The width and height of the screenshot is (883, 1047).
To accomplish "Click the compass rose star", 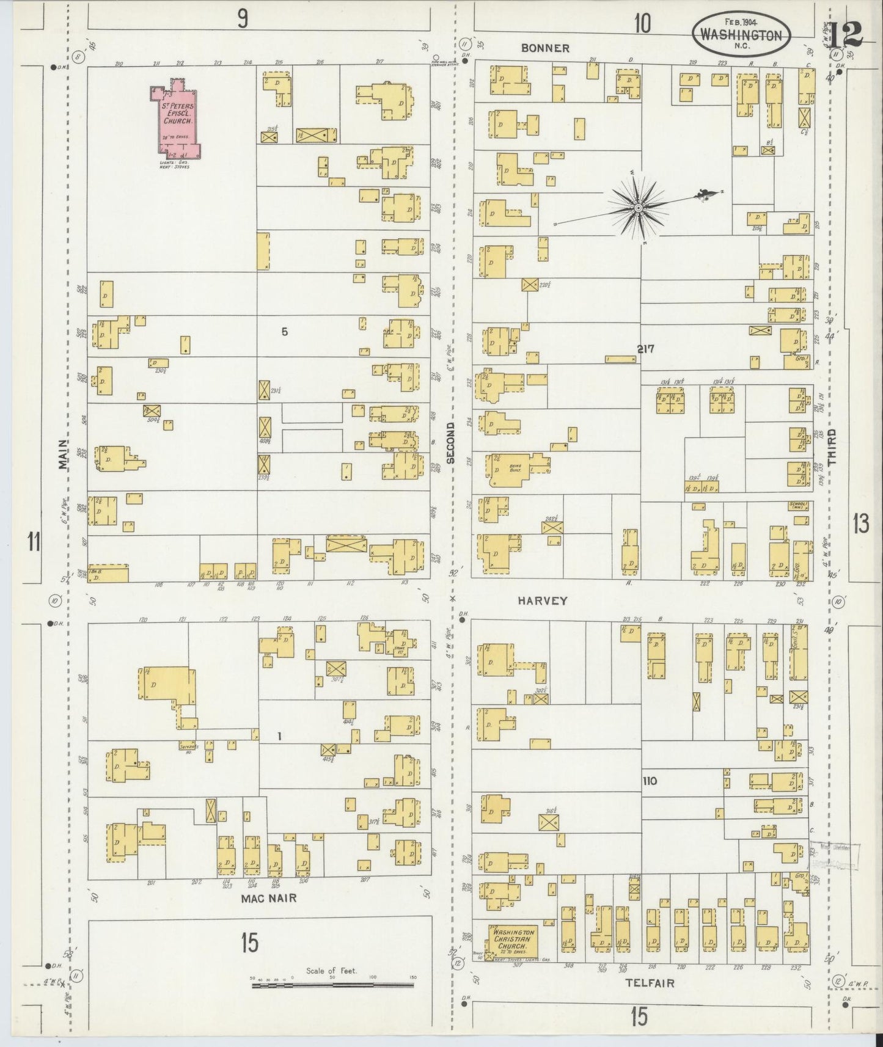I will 637,208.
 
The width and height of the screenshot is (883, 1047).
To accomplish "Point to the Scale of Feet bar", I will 333,985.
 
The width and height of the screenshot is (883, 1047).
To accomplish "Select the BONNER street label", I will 545,48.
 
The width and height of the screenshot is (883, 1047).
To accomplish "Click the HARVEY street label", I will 543,600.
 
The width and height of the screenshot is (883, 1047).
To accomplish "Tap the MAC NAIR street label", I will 269,898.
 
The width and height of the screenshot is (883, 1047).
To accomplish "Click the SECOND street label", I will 451,443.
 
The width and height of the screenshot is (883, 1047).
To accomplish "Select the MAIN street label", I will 63,455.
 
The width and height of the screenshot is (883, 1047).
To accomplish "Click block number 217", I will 645,349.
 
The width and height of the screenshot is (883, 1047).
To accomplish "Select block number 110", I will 649,780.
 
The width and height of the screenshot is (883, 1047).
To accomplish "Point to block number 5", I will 284,332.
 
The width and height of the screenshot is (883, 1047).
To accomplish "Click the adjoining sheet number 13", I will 861,523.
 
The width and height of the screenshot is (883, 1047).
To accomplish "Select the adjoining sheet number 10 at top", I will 642,23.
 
